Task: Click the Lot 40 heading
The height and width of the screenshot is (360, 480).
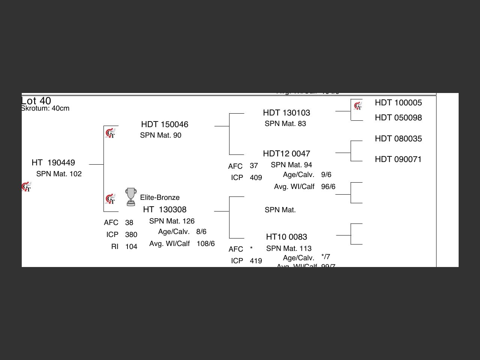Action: tap(36, 101)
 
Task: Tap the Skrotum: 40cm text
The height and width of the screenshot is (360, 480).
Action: tap(45, 108)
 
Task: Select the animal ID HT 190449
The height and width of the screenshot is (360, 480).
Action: tap(53, 163)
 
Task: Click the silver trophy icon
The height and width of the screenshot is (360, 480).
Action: tap(131, 197)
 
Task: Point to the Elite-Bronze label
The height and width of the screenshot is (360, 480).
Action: tap(160, 198)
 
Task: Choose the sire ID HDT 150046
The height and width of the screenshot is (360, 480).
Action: tap(165, 124)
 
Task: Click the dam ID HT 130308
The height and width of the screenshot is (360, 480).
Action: tap(165, 210)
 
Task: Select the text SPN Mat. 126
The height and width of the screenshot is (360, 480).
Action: tap(172, 221)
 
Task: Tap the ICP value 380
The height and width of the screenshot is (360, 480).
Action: tap(131, 235)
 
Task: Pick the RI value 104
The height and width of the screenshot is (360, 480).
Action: tap(131, 247)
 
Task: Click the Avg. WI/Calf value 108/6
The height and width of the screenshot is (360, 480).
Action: tap(205, 244)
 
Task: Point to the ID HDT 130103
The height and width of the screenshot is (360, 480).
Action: tap(286, 113)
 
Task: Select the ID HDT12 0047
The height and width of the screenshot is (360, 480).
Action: tap(286, 154)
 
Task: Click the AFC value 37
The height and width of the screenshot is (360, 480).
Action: tap(254, 166)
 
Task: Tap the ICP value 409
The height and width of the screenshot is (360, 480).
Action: tap(256, 178)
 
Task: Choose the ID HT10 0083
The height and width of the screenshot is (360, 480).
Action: tap(286, 237)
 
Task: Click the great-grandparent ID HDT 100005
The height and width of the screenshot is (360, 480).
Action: tap(398, 103)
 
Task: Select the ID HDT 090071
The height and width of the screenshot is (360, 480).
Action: tap(398, 159)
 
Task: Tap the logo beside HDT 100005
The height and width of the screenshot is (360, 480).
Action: tap(358, 106)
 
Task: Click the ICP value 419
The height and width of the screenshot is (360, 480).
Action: tap(256, 261)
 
